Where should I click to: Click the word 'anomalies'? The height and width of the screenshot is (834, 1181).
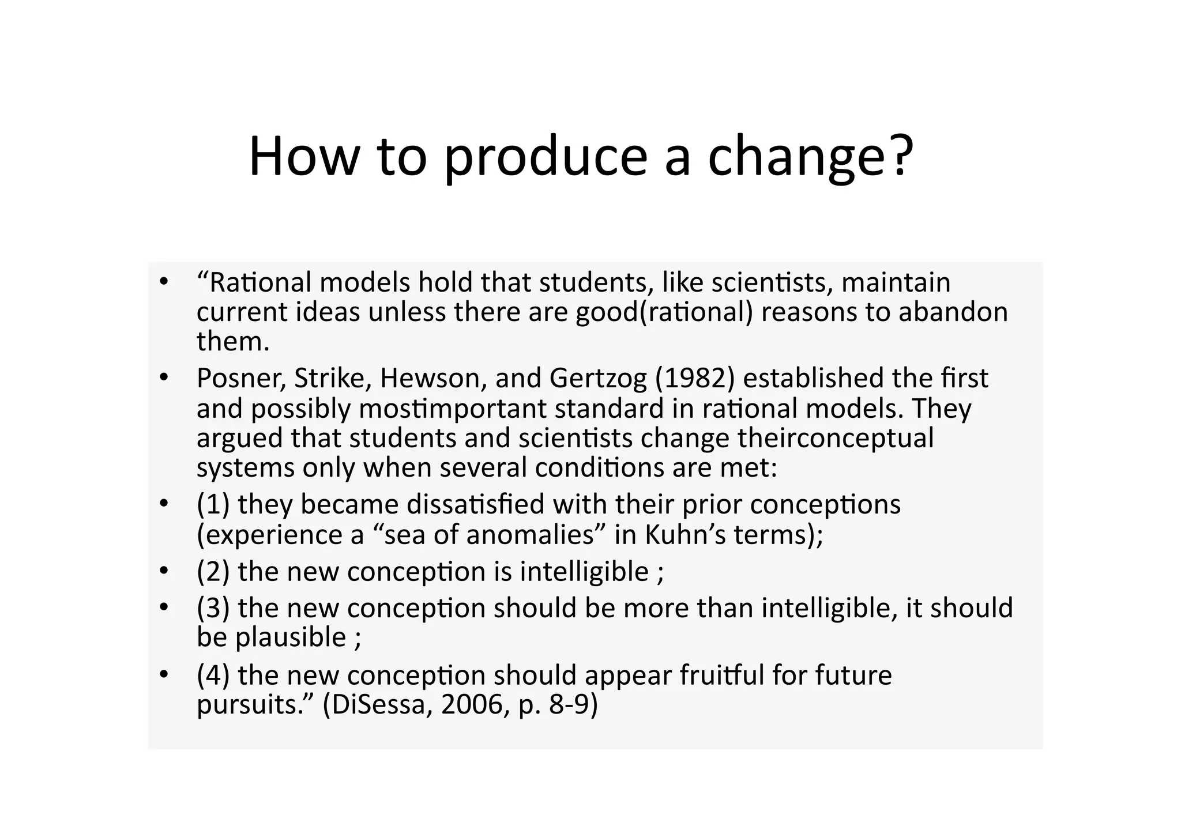pyautogui.click(x=530, y=535)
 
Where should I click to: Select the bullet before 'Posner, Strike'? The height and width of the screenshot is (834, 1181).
pyautogui.click(x=164, y=378)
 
